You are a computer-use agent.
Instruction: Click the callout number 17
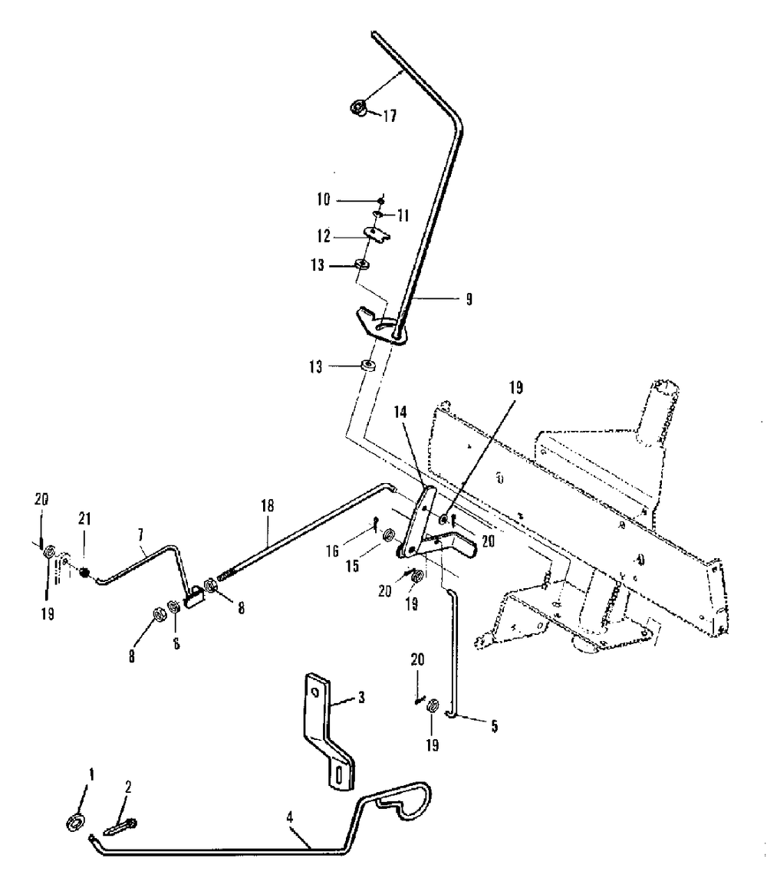(x=390, y=117)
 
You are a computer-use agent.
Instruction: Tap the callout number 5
(x=494, y=724)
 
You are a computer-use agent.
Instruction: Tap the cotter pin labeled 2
(x=120, y=827)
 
